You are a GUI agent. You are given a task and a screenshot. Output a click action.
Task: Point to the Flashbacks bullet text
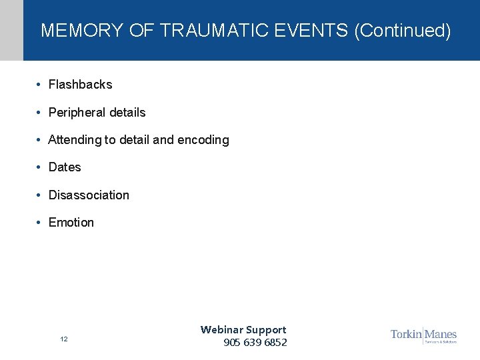[x=80, y=85]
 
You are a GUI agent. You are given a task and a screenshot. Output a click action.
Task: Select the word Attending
[x=75, y=140]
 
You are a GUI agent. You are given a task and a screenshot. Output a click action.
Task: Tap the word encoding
[x=203, y=140]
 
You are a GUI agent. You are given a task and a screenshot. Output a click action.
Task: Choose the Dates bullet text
[x=65, y=167]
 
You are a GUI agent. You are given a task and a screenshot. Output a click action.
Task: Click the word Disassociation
[x=89, y=195]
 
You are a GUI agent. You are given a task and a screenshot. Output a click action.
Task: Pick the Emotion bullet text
[x=71, y=223]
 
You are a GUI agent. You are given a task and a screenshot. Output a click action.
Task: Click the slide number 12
[x=64, y=339]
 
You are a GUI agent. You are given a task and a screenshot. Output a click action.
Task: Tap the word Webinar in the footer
[x=221, y=329]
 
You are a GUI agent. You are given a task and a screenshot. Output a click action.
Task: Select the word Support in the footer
[x=265, y=329]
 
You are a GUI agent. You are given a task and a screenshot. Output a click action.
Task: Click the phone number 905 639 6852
[x=255, y=343]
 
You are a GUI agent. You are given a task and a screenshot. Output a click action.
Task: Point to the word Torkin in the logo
[x=406, y=334]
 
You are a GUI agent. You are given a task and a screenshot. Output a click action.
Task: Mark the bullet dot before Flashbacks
[x=40, y=85]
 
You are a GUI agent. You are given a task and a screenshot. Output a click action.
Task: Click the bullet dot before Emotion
[x=40, y=223]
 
